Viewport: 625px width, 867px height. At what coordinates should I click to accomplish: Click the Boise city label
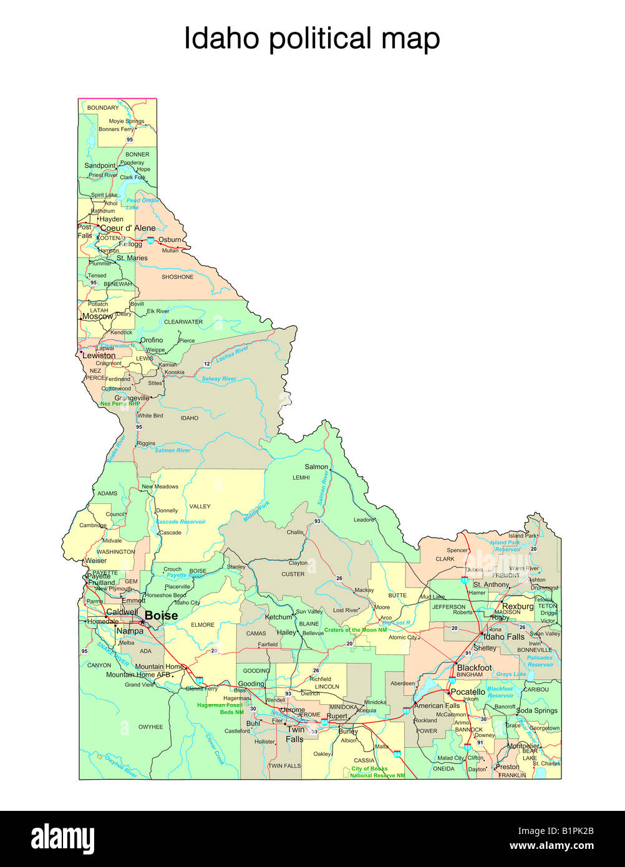click(x=161, y=616)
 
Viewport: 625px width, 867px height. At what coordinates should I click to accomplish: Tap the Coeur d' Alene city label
click(x=128, y=228)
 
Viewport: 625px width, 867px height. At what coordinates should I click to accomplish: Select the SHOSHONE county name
click(x=178, y=277)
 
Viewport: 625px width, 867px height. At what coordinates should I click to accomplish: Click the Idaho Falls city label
click(x=504, y=637)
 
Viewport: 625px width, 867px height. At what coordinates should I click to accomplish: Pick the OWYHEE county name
click(x=150, y=727)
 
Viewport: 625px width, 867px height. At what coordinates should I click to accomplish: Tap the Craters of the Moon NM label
click(x=356, y=630)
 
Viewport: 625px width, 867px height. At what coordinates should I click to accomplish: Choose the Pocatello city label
click(x=468, y=692)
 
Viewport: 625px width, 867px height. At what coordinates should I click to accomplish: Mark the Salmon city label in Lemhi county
click(x=316, y=467)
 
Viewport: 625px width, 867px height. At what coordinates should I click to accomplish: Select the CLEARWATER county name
click(x=183, y=322)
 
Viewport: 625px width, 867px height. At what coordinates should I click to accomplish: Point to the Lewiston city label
click(x=99, y=356)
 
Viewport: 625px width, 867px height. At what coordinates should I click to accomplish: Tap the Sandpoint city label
click(x=100, y=166)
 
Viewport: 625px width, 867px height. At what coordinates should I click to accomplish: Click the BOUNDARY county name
click(x=103, y=108)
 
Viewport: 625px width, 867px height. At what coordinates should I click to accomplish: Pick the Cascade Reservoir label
click(x=180, y=521)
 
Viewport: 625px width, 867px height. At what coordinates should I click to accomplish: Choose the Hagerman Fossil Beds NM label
click(x=220, y=709)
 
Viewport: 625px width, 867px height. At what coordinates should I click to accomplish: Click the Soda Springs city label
click(x=536, y=711)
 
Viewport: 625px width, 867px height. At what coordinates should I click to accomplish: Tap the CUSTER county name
click(x=293, y=574)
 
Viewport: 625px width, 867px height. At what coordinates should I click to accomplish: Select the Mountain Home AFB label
click(x=138, y=675)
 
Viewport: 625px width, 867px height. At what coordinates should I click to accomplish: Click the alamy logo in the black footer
click(x=63, y=839)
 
